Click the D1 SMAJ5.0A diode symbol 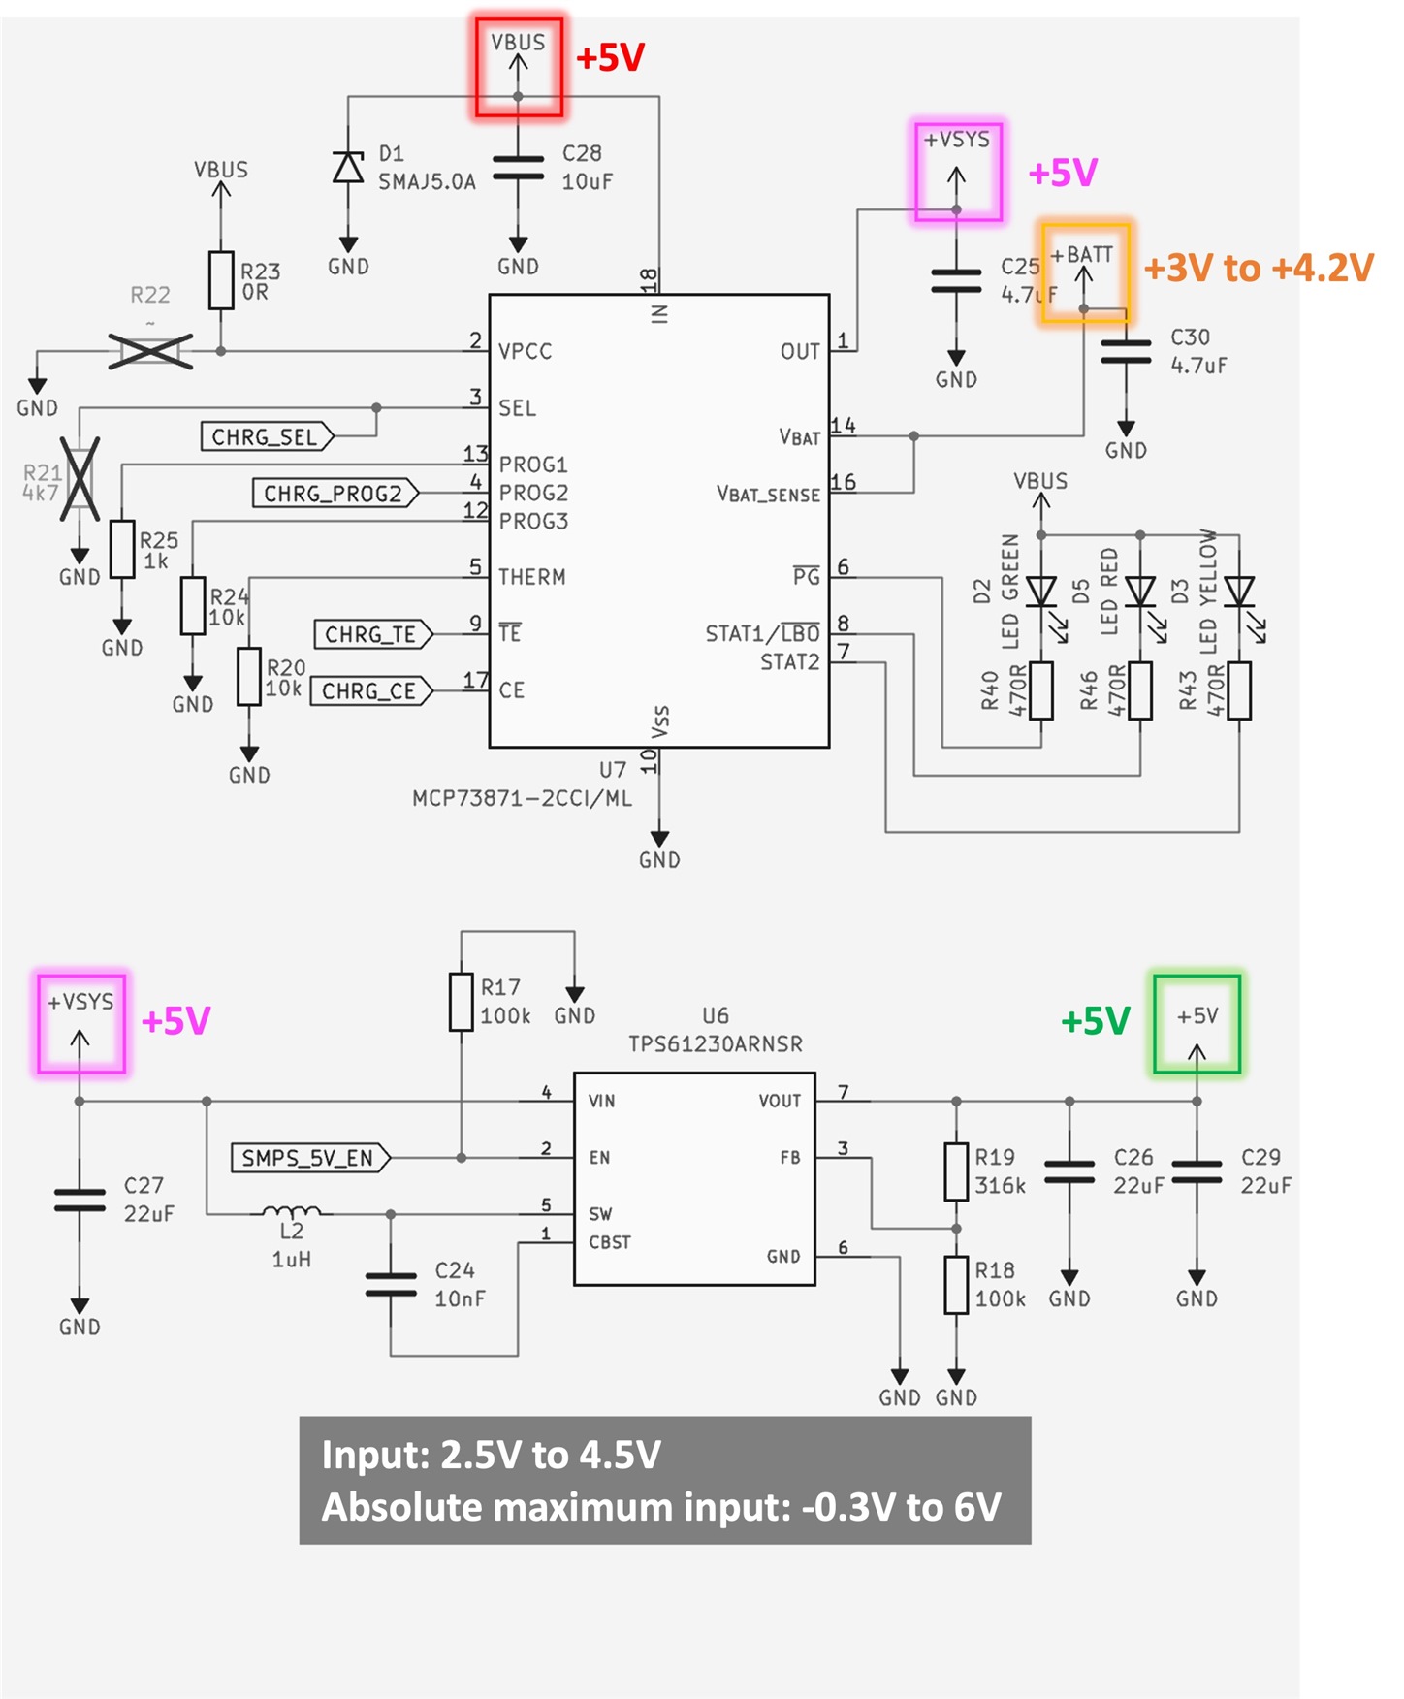click(348, 167)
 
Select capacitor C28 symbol click(518, 167)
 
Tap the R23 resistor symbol click(221, 280)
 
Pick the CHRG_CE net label click(371, 691)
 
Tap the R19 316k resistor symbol click(956, 1171)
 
